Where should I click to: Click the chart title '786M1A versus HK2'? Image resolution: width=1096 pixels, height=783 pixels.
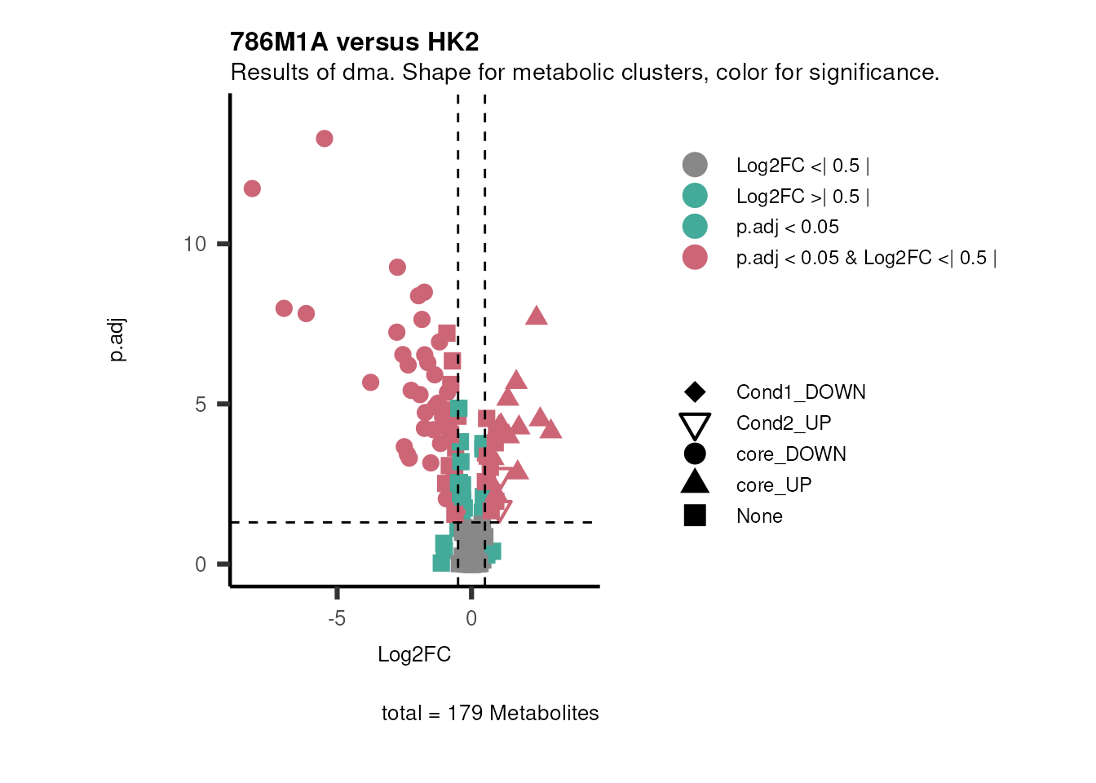354,42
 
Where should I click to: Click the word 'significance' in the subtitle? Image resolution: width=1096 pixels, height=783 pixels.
872,73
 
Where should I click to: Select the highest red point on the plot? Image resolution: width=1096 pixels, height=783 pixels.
324,139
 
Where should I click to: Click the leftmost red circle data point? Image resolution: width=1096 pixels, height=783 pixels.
252,188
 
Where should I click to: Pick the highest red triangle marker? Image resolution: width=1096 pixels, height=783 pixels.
536,316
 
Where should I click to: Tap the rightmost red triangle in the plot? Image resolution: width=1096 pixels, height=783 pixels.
551,429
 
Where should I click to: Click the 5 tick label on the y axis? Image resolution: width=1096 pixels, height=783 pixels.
201,405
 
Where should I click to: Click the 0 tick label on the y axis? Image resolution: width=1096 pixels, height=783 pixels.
201,564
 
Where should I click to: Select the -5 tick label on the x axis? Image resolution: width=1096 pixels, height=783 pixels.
336,619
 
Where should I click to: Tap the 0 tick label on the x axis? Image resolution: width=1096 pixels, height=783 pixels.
471,619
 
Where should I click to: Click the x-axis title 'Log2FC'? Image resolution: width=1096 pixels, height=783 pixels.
413,655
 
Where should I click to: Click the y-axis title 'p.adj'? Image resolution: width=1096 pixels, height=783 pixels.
117,340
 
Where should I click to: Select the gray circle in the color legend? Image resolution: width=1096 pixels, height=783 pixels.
695,165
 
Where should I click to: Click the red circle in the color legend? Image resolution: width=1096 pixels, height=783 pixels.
695,258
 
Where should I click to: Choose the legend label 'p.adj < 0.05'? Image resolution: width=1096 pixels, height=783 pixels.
787,227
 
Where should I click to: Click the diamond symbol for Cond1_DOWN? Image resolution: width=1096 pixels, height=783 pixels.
695,392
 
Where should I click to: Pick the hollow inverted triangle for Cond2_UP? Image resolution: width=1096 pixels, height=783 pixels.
695,425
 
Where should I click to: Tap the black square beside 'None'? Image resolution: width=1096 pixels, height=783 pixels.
695,515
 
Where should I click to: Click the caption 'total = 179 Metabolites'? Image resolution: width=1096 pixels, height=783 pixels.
489,713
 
